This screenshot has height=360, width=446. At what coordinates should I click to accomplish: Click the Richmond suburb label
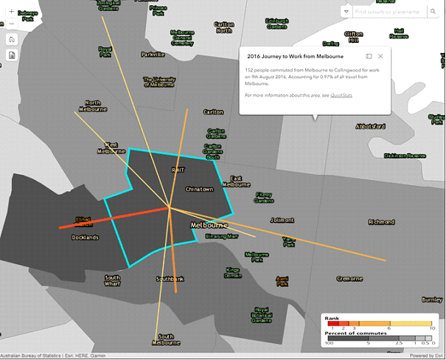click(381, 221)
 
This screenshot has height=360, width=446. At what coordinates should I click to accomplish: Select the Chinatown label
click(199, 190)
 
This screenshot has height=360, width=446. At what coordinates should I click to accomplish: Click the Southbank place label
click(170, 280)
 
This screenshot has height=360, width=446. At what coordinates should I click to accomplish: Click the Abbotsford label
click(374, 125)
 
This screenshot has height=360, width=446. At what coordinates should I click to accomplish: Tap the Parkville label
click(153, 55)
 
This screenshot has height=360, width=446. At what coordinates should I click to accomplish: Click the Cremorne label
click(349, 278)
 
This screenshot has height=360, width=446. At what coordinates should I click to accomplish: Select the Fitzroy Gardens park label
click(264, 197)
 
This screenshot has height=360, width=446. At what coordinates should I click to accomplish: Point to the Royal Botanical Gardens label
click(261, 315)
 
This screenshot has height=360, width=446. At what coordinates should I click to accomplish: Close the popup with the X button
click(380, 56)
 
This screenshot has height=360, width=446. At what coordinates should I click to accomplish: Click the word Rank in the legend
click(332, 318)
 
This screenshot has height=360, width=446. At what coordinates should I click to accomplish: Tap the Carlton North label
click(223, 27)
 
